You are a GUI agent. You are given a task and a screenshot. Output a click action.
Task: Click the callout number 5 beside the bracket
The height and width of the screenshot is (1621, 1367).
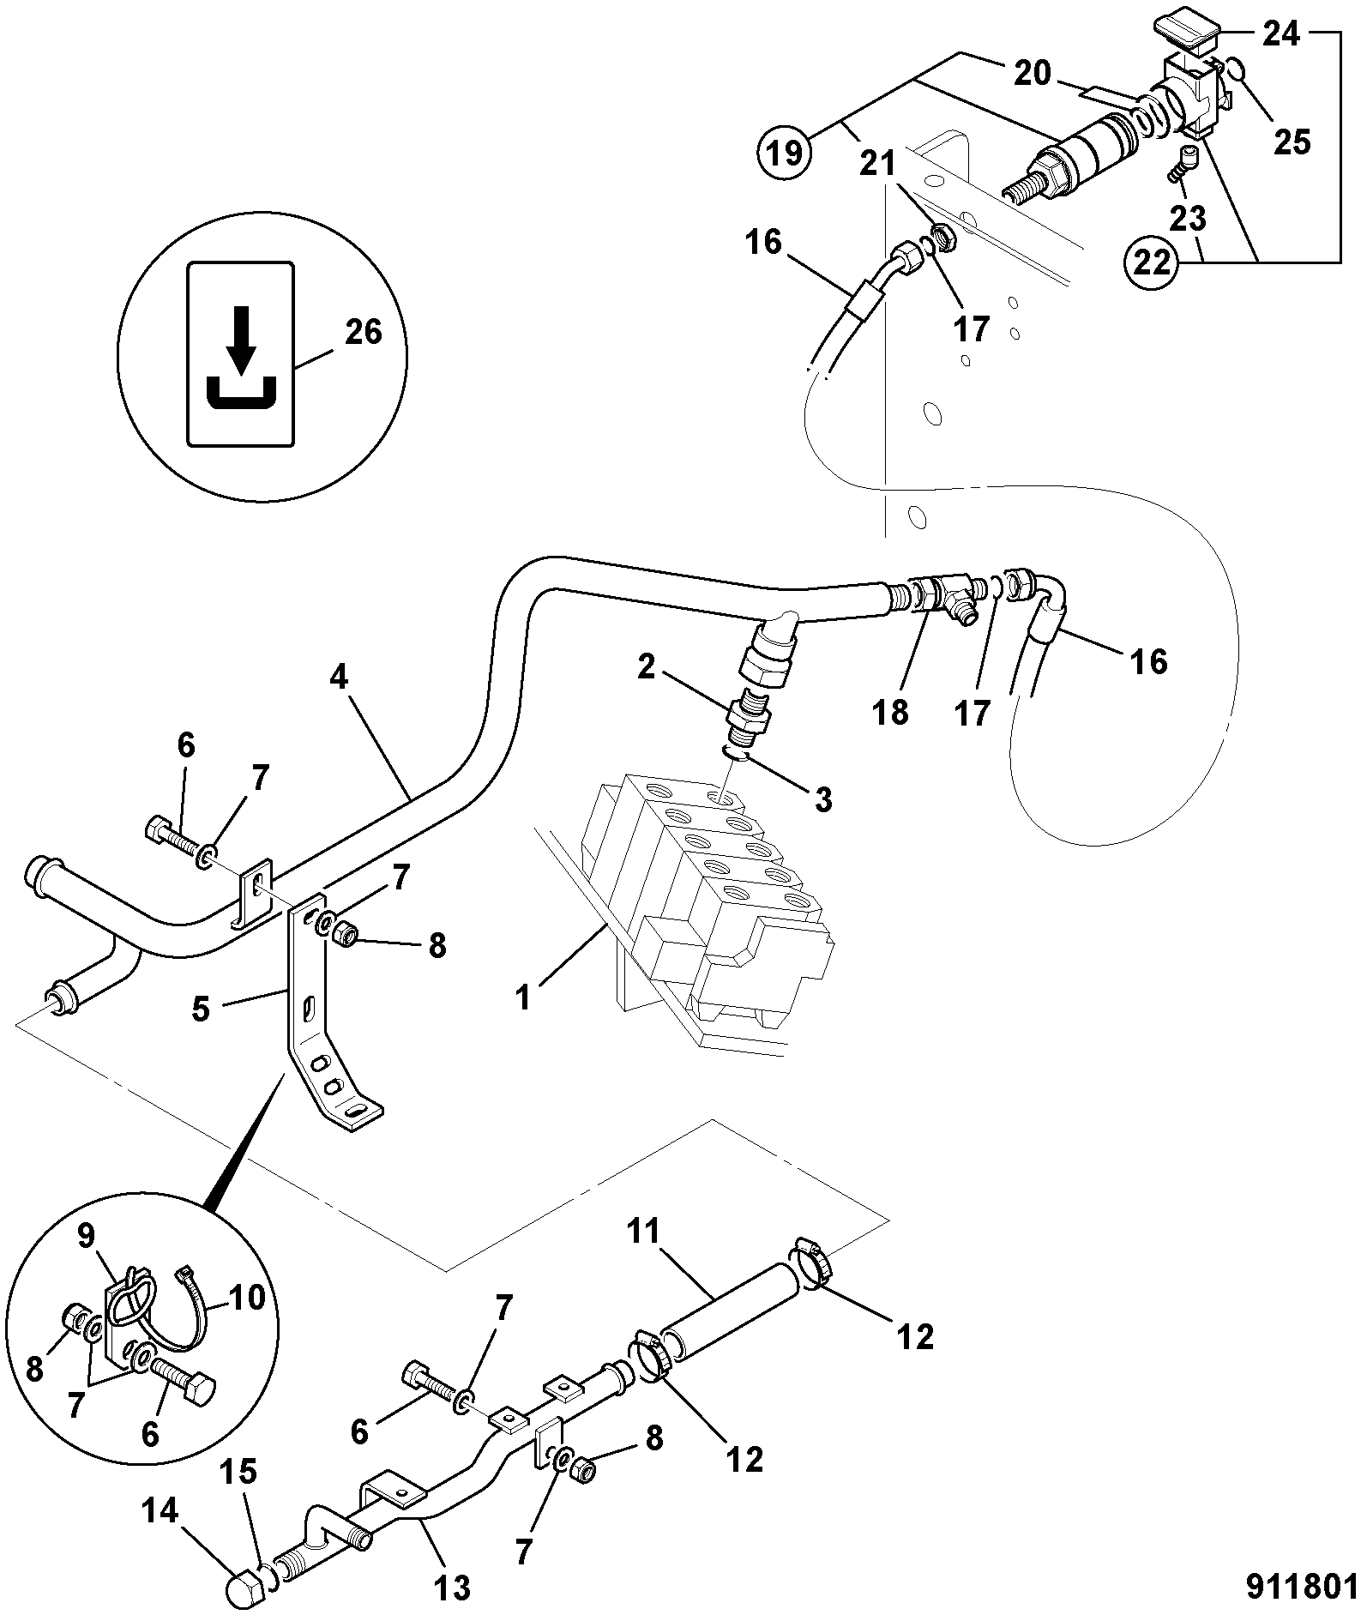200,1009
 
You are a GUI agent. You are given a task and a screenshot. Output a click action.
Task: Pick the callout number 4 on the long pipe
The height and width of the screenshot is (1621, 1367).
340,678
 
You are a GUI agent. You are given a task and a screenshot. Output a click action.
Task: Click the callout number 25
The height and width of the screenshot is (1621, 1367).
1292,142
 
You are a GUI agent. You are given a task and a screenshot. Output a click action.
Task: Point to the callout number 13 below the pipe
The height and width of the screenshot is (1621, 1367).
452,1588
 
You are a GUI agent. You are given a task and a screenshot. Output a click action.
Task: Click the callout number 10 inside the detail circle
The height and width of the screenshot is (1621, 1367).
247,1298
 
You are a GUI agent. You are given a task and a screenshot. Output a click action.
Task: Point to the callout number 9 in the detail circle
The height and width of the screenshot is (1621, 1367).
87,1236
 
